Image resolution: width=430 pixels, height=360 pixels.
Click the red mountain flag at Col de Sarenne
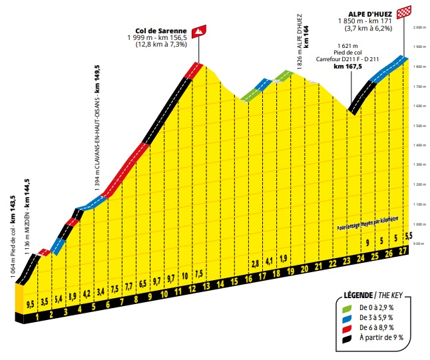[x=198, y=31]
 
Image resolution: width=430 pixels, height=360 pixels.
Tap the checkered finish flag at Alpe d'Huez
[x=403, y=11]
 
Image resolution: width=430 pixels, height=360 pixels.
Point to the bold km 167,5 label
[x=348, y=66]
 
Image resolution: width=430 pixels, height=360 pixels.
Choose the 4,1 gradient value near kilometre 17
[x=268, y=261]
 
